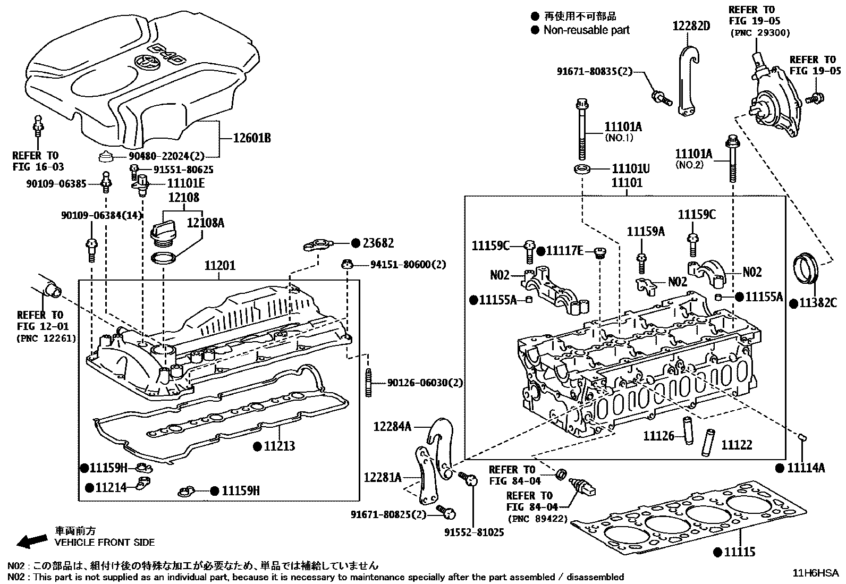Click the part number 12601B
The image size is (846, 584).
[x=252, y=138]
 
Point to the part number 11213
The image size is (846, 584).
[x=280, y=446]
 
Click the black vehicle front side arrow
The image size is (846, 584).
[x=32, y=541]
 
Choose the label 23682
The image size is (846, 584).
[x=378, y=243]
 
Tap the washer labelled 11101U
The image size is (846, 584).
[x=582, y=169]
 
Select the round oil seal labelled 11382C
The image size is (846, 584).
[x=806, y=273]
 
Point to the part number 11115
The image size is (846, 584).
[x=740, y=552]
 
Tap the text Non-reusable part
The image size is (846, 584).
[x=587, y=30]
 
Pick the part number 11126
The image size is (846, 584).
[x=658, y=436]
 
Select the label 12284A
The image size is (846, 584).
[x=392, y=427]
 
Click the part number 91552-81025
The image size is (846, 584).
[x=474, y=532]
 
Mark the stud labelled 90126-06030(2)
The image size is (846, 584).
[x=369, y=383]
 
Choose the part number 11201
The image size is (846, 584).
[x=220, y=266]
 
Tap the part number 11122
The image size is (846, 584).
[x=737, y=445]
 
